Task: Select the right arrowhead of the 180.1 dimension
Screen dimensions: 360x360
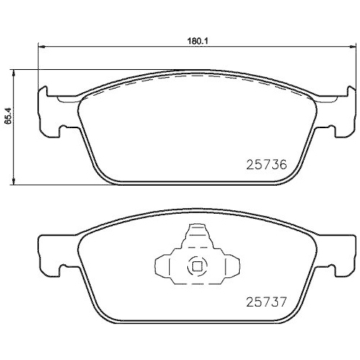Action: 351,48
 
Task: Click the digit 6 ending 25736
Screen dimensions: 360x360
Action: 283,164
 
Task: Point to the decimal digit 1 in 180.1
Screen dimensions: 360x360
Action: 205,41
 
